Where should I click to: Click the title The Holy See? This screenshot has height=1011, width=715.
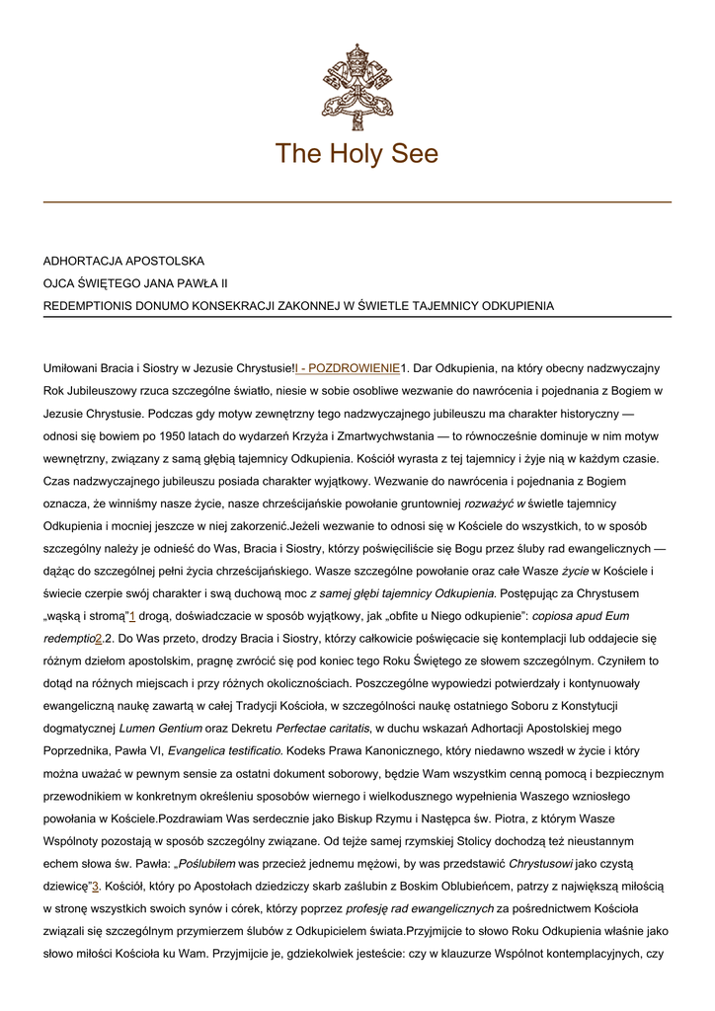[357, 154]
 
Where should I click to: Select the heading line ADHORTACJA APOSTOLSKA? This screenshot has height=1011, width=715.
[123, 262]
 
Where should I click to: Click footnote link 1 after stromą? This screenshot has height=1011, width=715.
[131, 615]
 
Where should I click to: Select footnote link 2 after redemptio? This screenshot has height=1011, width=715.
[99, 637]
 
